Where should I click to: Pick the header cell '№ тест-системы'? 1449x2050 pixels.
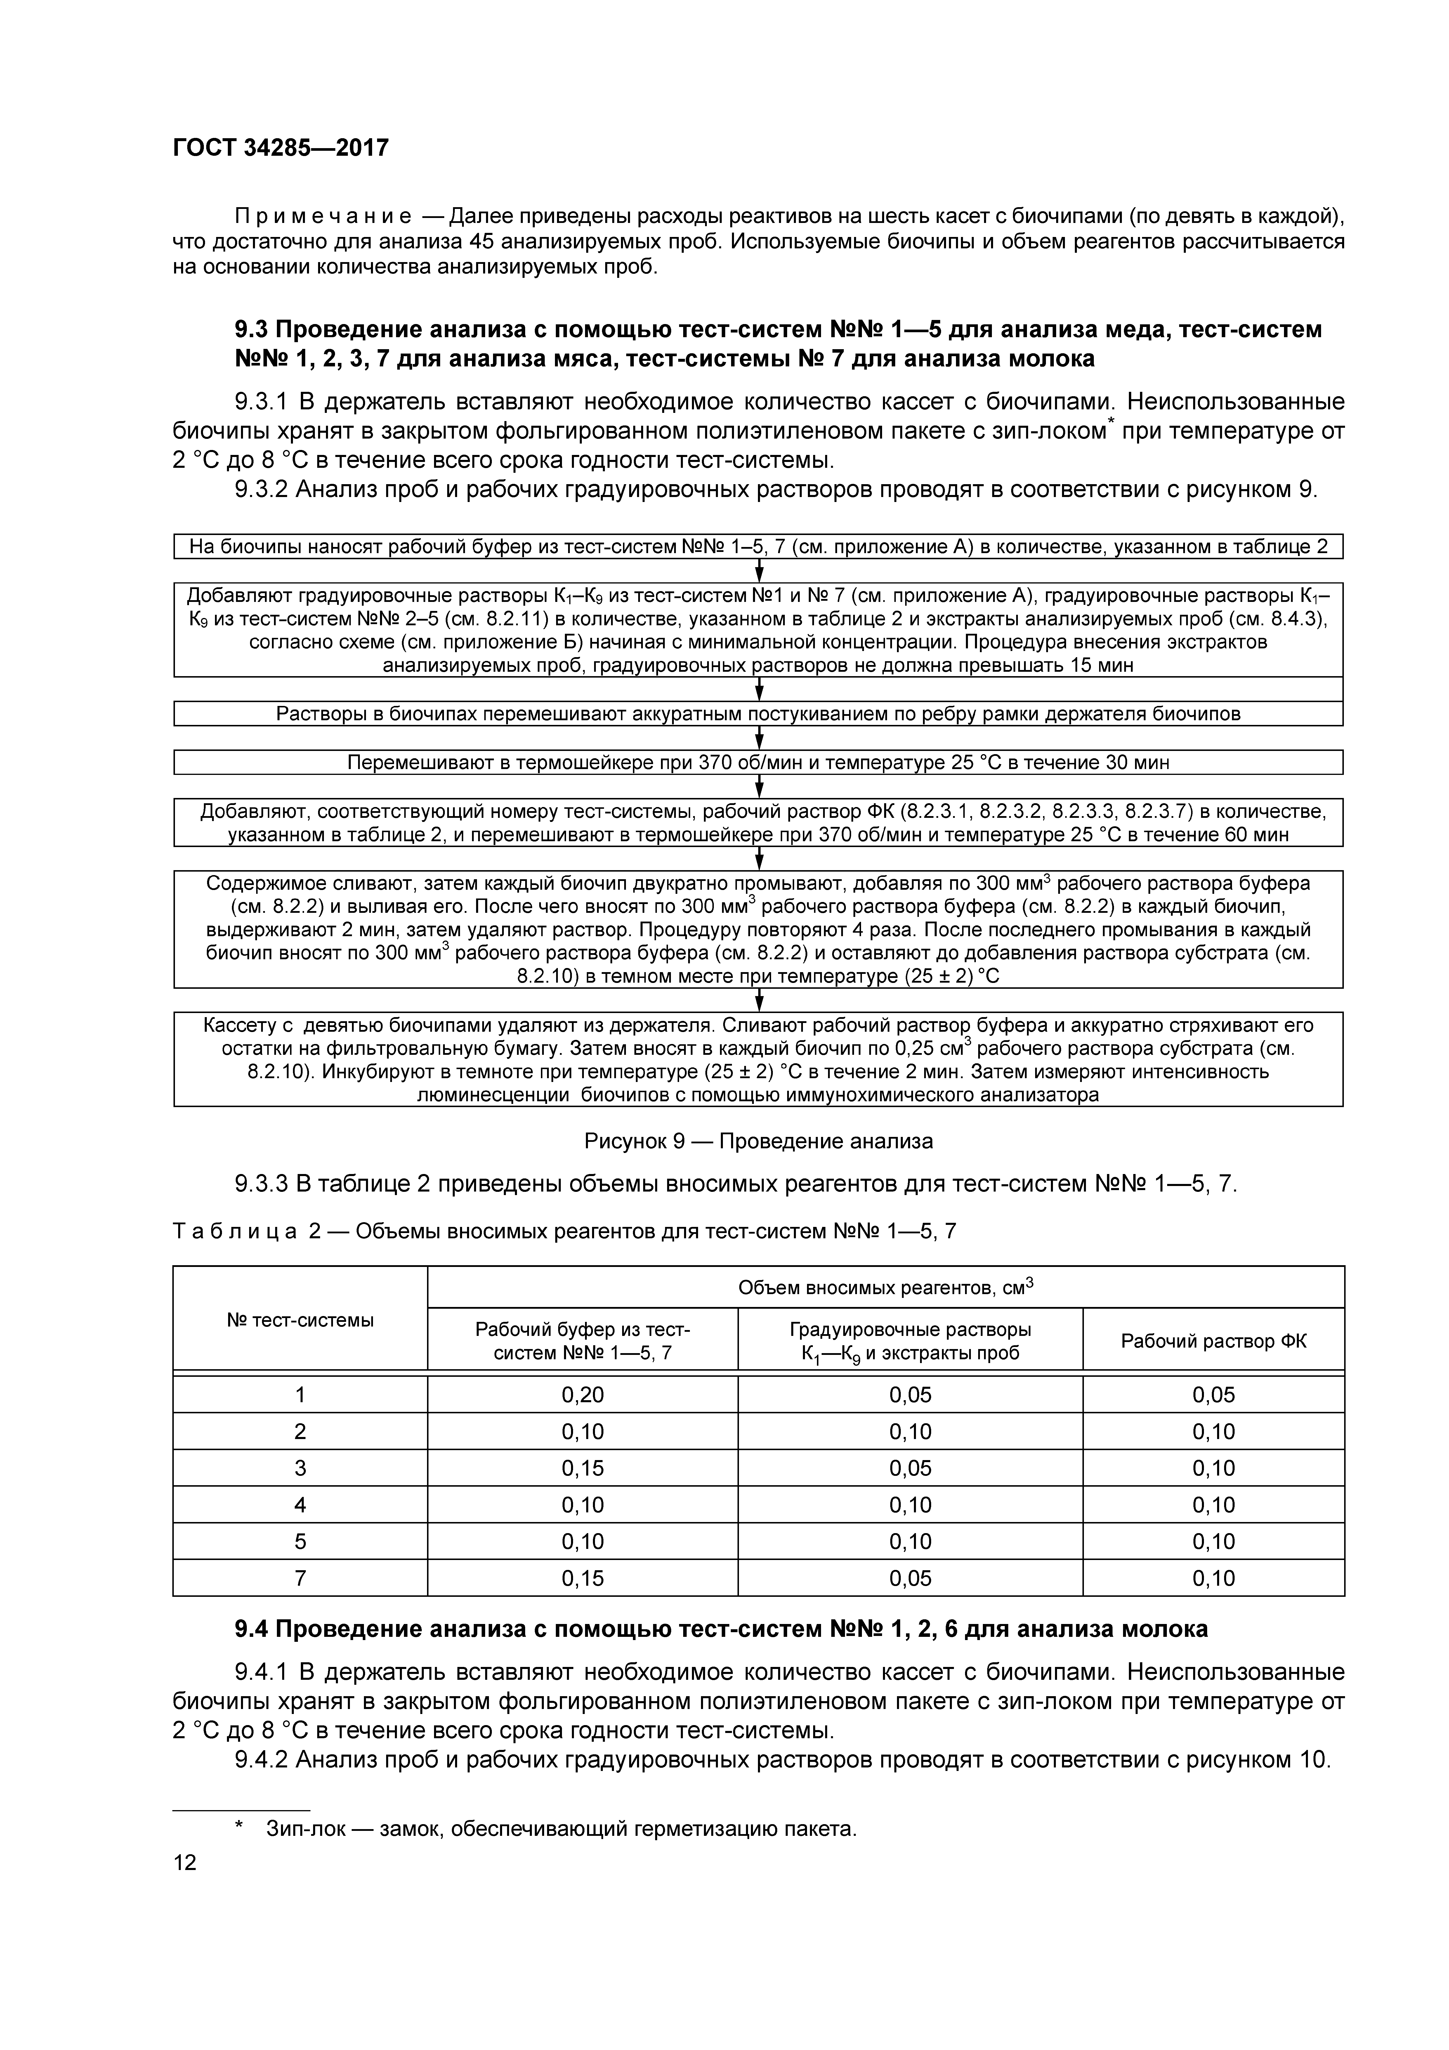coord(300,1320)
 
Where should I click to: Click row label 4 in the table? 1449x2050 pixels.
coord(300,1504)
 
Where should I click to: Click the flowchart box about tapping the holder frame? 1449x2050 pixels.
coord(758,714)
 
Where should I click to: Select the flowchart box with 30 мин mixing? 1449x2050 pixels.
coord(758,763)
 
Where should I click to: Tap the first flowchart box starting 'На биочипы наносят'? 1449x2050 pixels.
coord(758,546)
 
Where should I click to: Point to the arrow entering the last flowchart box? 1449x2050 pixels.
coord(759,1000)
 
